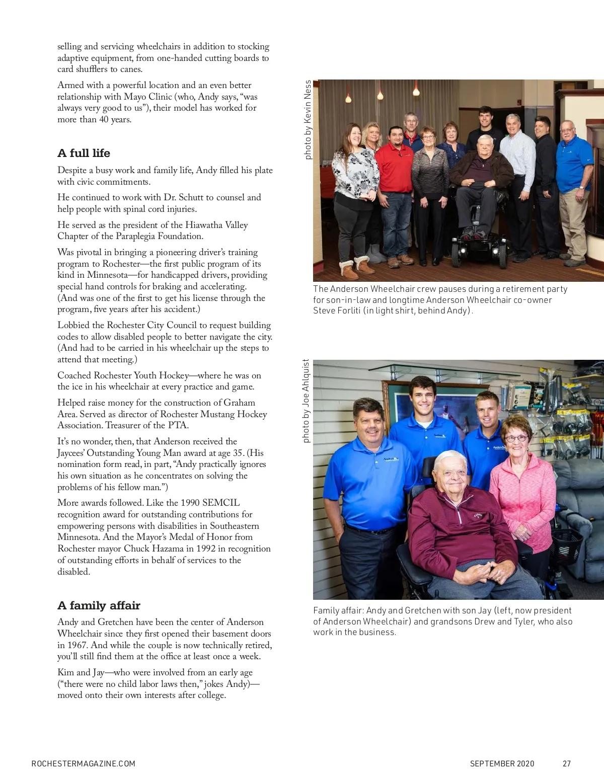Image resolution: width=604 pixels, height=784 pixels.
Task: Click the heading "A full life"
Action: (x=84, y=153)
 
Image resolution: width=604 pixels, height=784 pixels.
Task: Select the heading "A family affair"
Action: (x=99, y=605)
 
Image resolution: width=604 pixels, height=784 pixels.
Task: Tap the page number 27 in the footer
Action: (x=567, y=763)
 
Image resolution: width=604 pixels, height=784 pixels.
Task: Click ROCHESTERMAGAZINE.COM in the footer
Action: (x=83, y=763)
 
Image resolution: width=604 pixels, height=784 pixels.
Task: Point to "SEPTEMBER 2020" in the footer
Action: (x=502, y=763)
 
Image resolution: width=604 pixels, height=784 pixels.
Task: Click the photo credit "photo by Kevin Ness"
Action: (x=308, y=120)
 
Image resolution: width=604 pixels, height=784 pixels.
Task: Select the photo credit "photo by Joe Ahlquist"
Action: (x=307, y=401)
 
